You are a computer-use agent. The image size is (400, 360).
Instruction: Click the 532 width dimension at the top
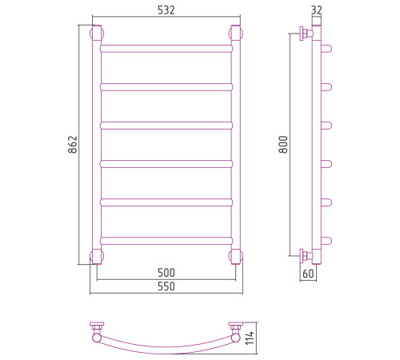coord(166,10)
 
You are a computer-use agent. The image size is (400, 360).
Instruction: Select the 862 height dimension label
coord(73,145)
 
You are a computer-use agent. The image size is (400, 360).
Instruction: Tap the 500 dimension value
coord(166,273)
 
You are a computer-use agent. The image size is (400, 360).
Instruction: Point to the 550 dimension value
coord(166,286)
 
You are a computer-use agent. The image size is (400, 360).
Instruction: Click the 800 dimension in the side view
coord(283,144)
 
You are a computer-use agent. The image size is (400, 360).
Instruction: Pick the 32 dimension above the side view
coord(317,10)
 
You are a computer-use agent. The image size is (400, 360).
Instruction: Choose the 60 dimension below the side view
coord(308,274)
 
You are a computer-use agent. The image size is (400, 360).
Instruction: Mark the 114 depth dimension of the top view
coord(250,338)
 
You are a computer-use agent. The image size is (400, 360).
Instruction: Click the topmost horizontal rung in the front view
coord(166,49)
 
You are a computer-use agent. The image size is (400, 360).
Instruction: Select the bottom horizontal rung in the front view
coord(166,241)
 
